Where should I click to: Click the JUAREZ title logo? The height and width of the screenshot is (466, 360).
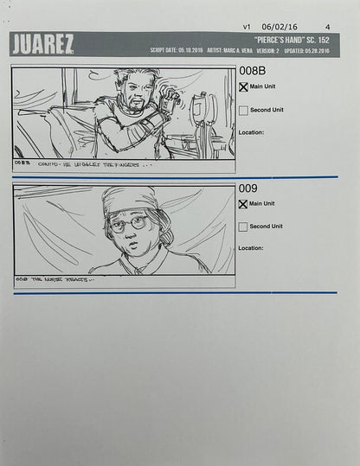pos(42,44)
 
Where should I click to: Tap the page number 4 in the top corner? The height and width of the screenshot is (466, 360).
pos(327,27)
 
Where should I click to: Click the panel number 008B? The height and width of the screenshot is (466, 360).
pos(252,71)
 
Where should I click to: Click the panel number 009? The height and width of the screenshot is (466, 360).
pos(247,188)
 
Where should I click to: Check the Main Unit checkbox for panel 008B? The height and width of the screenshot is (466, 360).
pos(242,86)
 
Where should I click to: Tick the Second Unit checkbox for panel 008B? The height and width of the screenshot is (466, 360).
pos(242,110)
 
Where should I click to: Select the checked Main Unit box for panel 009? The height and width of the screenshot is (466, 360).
pos(242,204)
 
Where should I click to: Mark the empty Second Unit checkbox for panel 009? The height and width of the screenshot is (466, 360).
pos(242,227)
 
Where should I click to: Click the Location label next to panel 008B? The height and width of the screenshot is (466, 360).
pos(251,132)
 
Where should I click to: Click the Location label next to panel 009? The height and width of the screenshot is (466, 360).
pos(251,248)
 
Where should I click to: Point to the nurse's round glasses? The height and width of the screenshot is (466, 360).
pos(129,223)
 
